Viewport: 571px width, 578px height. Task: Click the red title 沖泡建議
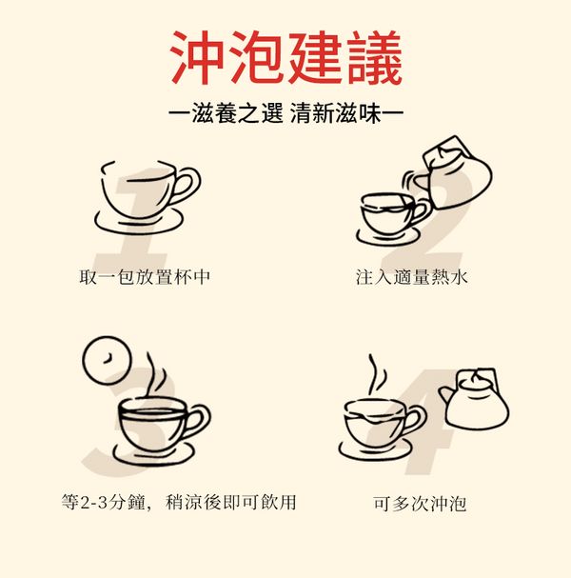coord(285,57)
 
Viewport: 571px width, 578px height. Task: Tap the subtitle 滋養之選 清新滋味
coord(286,113)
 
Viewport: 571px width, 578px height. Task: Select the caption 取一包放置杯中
coord(145,277)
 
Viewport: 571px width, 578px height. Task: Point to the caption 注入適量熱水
coord(412,277)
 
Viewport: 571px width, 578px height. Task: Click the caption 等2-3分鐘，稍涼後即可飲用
coord(179,502)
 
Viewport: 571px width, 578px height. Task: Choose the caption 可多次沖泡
coord(420,503)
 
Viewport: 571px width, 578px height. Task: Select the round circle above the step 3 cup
coord(107,360)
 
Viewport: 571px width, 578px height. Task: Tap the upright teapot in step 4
coord(475,400)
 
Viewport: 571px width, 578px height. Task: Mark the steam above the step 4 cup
coord(377,374)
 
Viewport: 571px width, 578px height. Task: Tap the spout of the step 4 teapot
coord(445,395)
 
